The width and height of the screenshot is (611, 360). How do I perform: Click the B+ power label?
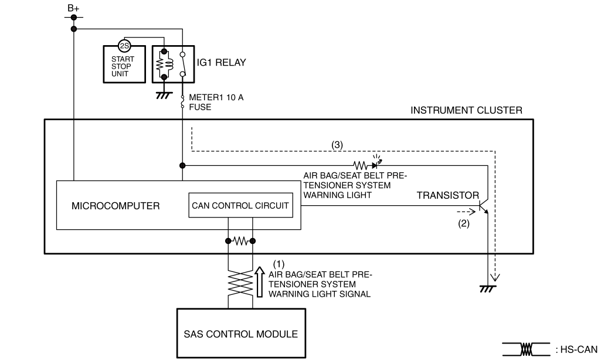pyautogui.click(x=73, y=8)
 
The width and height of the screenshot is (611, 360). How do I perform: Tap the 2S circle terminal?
pyautogui.click(x=124, y=46)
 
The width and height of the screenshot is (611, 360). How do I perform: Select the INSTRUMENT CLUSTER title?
pyautogui.click(x=466, y=110)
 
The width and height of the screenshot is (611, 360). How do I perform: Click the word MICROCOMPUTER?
pyautogui.click(x=114, y=206)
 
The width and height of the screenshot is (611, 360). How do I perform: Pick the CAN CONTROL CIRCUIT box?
pyautogui.click(x=240, y=205)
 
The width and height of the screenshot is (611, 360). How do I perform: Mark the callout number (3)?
pyautogui.click(x=338, y=144)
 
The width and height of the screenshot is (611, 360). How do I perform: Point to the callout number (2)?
pyautogui.click(x=463, y=223)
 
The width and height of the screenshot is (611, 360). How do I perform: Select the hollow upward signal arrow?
pyautogui.click(x=260, y=281)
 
